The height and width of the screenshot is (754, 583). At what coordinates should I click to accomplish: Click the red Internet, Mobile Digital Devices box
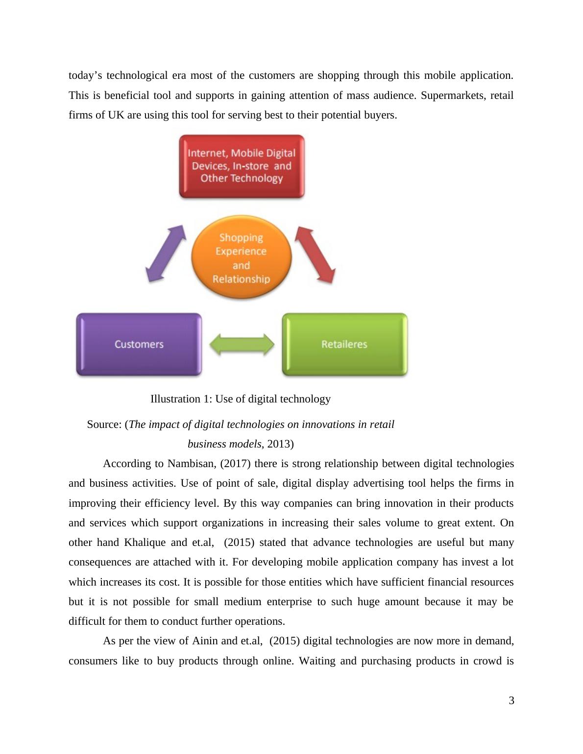(242, 166)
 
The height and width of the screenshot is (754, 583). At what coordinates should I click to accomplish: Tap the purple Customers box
(139, 345)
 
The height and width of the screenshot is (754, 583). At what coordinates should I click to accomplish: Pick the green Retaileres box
(344, 345)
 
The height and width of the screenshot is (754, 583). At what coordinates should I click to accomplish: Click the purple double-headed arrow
(166, 253)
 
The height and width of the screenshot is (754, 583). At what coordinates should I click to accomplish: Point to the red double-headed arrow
(316, 255)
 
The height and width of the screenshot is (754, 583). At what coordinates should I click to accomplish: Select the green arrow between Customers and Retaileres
(242, 345)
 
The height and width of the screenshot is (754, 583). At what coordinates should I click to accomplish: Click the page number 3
(511, 701)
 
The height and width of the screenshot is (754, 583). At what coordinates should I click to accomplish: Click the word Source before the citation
(103, 424)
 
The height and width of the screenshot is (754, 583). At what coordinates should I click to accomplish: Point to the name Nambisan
(189, 464)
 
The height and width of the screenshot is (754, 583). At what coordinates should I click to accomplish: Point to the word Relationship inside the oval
(241, 279)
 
